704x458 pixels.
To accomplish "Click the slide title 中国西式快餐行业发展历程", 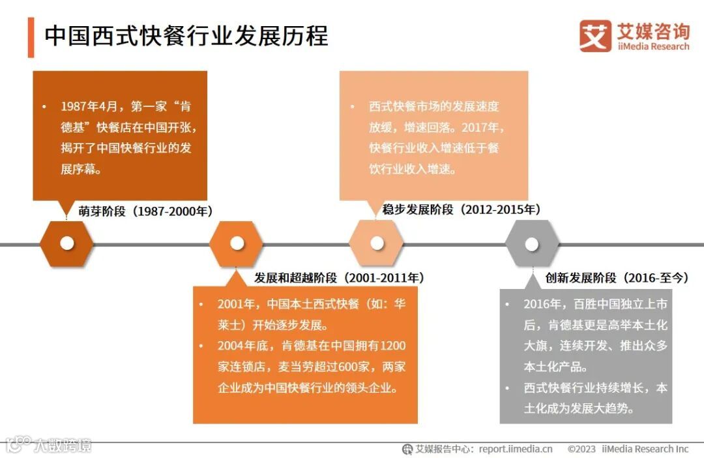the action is click(x=186, y=36).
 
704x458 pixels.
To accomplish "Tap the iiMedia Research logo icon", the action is click(x=595, y=36).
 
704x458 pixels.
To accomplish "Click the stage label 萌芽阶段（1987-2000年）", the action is click(x=145, y=211).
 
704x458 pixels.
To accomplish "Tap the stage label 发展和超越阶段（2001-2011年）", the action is click(x=339, y=278).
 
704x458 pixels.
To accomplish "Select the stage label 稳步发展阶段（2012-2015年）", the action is click(x=461, y=209).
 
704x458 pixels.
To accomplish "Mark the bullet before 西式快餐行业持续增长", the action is click(x=510, y=388).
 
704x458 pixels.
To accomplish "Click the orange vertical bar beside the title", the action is click(x=31, y=38).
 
